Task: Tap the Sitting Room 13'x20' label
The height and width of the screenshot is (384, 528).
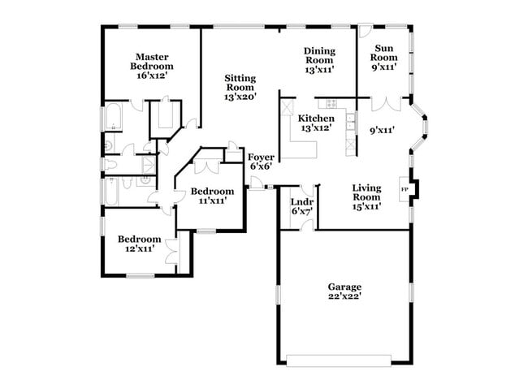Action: coord(240,87)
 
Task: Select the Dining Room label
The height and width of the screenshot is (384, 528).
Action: coord(319,60)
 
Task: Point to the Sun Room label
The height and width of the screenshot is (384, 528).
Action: coord(383,57)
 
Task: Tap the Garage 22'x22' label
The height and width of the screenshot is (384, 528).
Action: coord(344,291)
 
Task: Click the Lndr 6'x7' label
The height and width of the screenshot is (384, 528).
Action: coord(302,206)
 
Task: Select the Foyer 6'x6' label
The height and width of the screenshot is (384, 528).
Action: coord(261,161)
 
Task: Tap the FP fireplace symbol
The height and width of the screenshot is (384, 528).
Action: coord(405,189)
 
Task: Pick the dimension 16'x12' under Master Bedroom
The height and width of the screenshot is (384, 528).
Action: coord(153,75)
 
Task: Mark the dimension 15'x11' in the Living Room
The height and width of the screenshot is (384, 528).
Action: coord(366,206)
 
